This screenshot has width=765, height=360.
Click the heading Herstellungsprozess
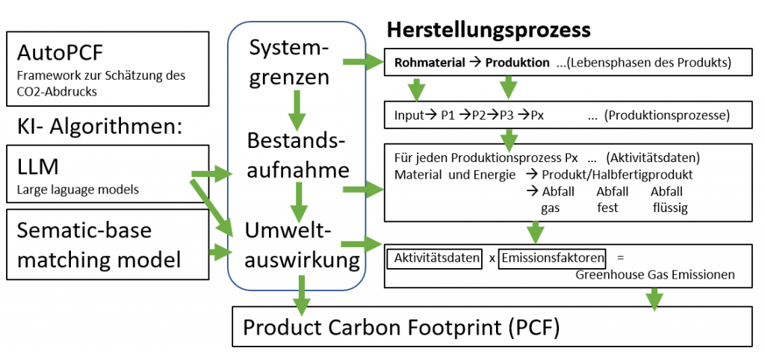[x=488, y=31]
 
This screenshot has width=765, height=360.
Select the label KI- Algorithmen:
[x=99, y=126]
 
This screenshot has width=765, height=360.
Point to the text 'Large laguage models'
[x=78, y=190]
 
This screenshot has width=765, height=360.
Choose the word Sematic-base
[x=84, y=230]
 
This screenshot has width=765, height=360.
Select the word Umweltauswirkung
[x=298, y=246]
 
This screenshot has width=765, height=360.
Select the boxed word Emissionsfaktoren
[x=553, y=258]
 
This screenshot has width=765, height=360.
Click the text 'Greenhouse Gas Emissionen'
[x=655, y=275]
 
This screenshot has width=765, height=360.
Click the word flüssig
[x=669, y=207]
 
